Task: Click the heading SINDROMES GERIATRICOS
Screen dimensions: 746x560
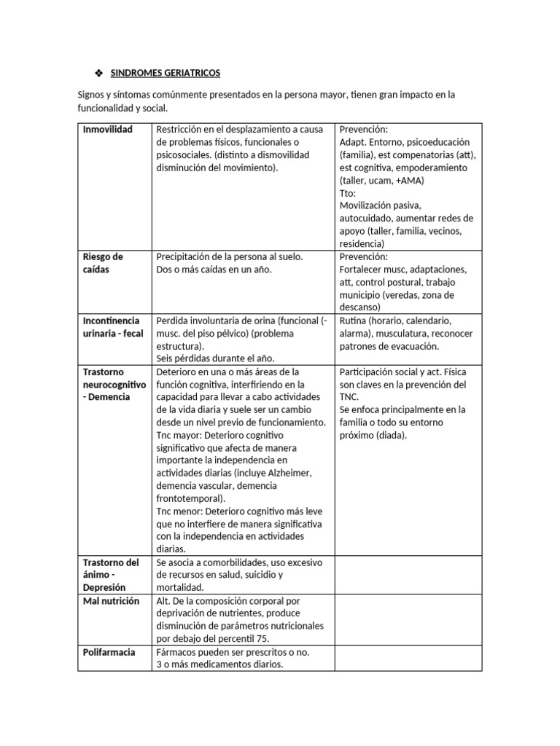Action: (x=165, y=74)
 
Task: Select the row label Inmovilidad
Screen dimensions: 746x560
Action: (x=108, y=130)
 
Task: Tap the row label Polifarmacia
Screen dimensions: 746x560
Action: (x=109, y=652)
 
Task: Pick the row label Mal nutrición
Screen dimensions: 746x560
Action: (x=111, y=601)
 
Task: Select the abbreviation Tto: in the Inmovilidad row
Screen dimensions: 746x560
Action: (x=348, y=193)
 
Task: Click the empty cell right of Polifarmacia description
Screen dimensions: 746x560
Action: (x=408, y=659)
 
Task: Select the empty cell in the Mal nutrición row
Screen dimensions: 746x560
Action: (x=408, y=620)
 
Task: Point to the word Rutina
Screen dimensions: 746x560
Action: (x=354, y=321)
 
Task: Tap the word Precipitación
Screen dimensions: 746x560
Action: (x=187, y=257)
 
